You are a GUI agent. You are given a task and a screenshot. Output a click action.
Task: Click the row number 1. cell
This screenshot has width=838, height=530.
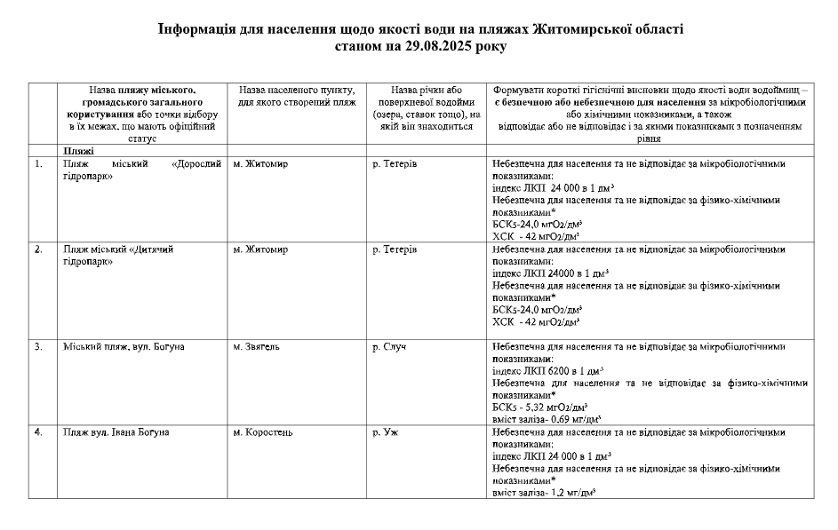pos(38,164)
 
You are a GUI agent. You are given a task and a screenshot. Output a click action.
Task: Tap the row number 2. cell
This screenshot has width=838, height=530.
pos(38,249)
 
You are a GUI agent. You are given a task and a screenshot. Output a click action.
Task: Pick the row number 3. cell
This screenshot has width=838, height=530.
pos(38,346)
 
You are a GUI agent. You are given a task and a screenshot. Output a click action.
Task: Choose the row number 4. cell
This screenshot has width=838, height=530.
pos(38,432)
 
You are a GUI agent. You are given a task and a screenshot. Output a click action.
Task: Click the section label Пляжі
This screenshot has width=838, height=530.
pos(77,151)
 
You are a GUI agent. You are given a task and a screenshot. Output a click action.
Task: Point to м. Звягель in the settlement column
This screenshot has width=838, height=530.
pos(256,346)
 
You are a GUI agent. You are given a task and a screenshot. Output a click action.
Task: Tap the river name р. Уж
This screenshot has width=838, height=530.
pos(385,432)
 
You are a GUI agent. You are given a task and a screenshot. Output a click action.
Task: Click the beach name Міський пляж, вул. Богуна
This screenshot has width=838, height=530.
pos(124,346)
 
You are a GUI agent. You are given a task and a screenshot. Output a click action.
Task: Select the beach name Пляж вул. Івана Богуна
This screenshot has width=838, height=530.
pos(116,432)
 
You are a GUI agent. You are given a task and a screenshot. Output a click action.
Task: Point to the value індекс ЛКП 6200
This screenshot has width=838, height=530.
pos(547,370)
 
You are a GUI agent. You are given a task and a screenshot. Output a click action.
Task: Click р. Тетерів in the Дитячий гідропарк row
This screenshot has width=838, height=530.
pos(395,249)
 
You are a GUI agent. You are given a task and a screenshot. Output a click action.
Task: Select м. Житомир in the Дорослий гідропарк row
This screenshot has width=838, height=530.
pos(260,164)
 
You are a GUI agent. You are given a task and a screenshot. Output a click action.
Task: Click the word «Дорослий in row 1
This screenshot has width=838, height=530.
pos(196,164)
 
